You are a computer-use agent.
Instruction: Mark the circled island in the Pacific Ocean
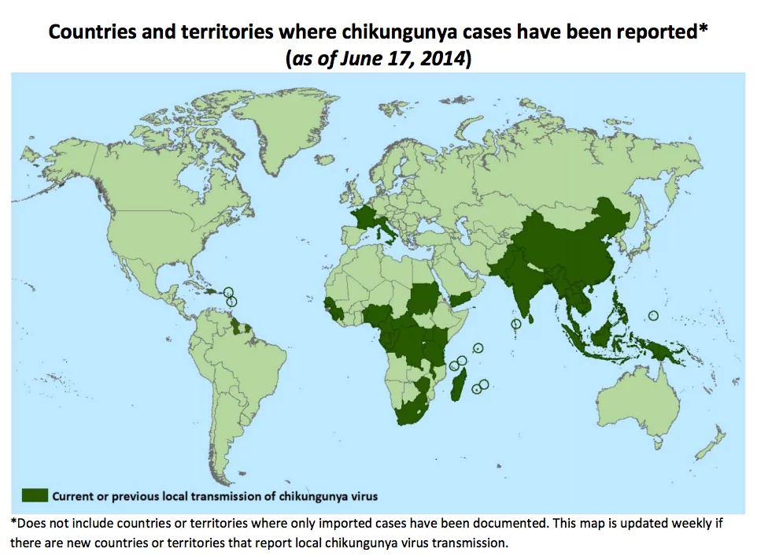[x=652, y=316]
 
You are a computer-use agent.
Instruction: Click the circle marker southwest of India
[x=516, y=324]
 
